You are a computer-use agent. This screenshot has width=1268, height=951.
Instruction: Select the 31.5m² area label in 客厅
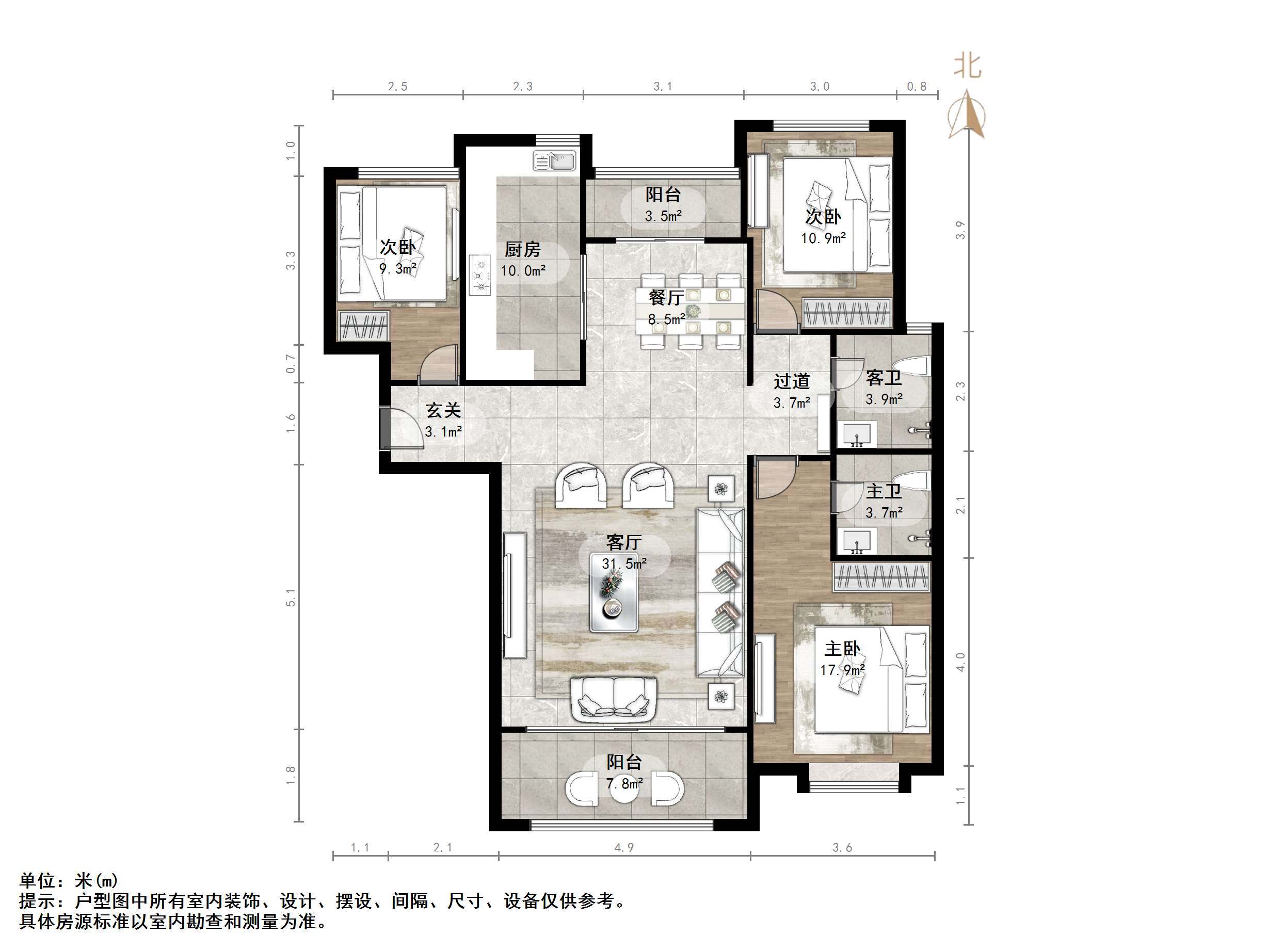pyautogui.click(x=624, y=563)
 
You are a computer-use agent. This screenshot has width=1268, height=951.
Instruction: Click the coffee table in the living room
pyautogui.click(x=614, y=600)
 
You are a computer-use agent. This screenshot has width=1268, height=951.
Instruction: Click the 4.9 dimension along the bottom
pyautogui.click(x=624, y=847)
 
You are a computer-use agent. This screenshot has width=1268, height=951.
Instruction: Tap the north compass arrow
pyautogui.click(x=967, y=114)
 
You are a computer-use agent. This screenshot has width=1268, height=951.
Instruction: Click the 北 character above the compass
pyautogui.click(x=967, y=67)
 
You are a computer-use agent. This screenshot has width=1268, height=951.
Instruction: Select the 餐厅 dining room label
pyautogui.click(x=666, y=298)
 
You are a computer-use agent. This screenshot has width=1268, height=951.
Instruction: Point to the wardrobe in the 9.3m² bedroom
pyautogui.click(x=363, y=326)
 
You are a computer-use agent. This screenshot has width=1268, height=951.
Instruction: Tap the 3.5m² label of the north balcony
pyautogui.click(x=663, y=216)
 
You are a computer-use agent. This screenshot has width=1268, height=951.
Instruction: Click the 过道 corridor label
pyautogui.click(x=792, y=381)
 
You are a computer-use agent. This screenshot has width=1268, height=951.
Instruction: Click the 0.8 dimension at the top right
pyautogui.click(x=917, y=86)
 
